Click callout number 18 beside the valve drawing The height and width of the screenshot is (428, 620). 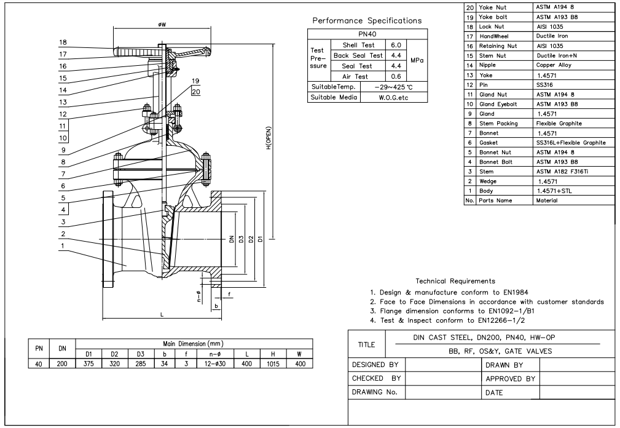pos(63,43)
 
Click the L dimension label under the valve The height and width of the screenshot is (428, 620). pos(162,314)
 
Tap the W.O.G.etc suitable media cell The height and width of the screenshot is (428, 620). pos(394,98)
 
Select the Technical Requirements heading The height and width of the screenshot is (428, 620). pos(455,281)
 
